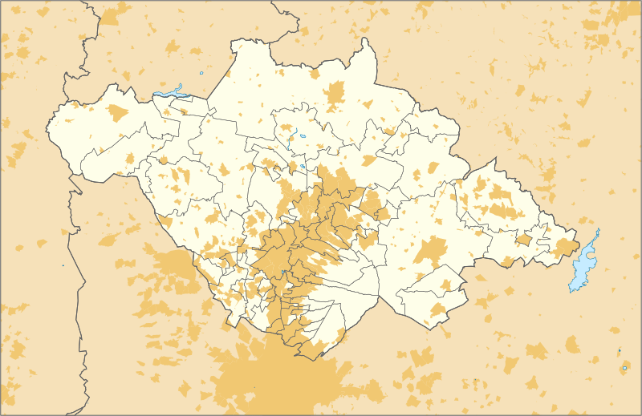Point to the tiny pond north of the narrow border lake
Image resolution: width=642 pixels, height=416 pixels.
pos(201,75)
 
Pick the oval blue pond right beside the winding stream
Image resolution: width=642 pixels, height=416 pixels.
pos(303,135)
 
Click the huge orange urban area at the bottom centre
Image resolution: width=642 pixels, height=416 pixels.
pos(281,377)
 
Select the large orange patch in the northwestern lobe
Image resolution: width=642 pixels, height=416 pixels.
pos(118,113)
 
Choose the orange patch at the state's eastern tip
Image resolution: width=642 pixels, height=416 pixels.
pos(565,246)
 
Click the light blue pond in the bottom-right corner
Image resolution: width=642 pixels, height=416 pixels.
pos(624,368)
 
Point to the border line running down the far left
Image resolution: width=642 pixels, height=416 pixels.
pos(80,321)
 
